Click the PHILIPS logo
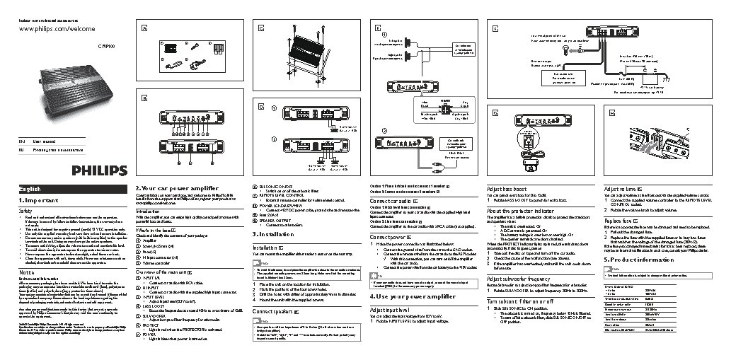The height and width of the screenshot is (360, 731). point(98,170)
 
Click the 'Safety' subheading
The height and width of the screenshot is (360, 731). point(26,211)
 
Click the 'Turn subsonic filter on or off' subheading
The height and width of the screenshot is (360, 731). point(526,301)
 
